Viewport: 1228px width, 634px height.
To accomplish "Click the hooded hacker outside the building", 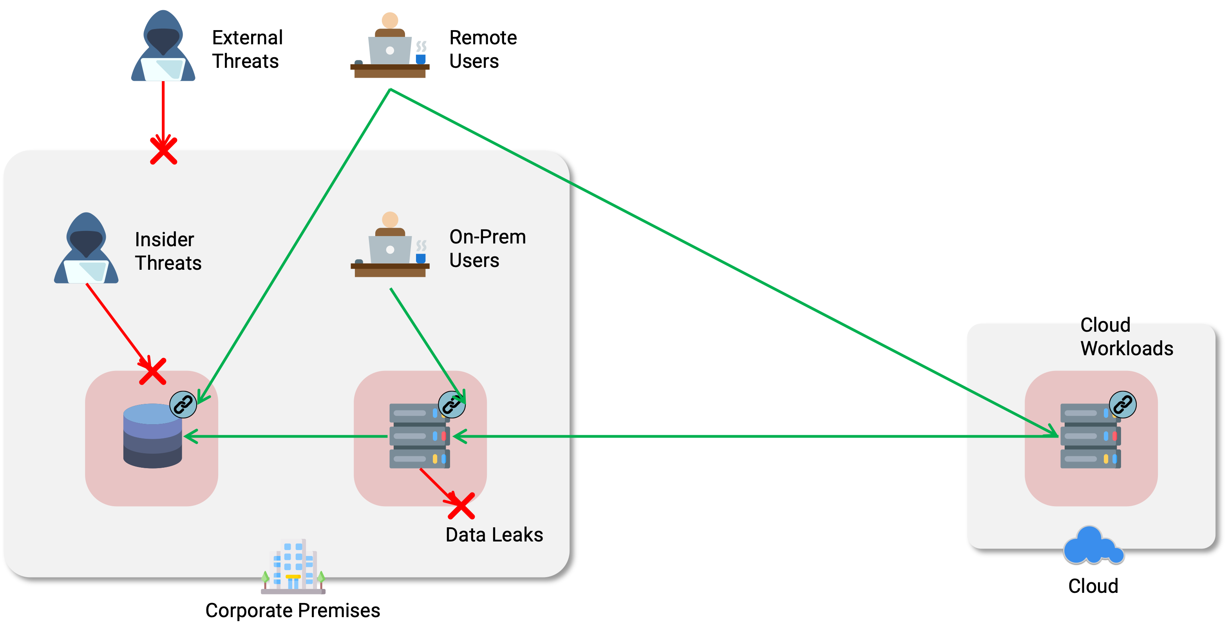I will point(163,47).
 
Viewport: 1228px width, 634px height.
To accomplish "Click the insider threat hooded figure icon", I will point(86,249).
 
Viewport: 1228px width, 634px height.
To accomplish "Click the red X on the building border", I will point(163,151).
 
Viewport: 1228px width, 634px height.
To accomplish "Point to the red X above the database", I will point(152,372).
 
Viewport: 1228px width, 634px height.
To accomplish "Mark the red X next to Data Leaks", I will point(461,506).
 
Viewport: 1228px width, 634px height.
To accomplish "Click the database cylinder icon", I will point(152,435).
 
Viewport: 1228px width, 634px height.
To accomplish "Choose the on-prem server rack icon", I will point(419,436).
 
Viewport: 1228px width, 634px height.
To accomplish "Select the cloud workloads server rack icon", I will point(1090,436).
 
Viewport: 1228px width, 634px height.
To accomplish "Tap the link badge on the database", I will point(183,405).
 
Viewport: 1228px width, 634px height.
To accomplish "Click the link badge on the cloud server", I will point(1123,405).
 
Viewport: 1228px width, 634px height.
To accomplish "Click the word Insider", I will point(165,240).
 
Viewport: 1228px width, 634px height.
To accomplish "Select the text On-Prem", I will point(487,237).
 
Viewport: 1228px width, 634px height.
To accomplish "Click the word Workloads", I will point(1127,349).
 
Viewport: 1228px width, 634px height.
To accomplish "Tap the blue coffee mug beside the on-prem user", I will point(420,258).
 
